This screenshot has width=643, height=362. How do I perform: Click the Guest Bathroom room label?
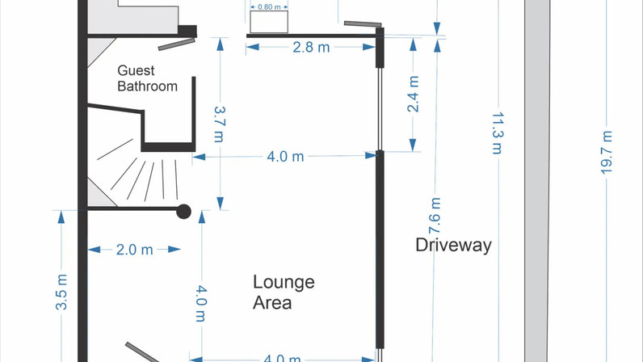pos(147,78)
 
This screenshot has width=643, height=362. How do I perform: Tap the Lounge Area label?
pos(284,293)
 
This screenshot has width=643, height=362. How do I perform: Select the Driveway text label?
pos(453,245)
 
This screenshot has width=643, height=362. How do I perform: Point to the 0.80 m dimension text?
pos(269,7)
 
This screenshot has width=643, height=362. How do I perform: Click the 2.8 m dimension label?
pos(311,48)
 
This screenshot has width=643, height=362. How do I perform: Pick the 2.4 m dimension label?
pos(413,94)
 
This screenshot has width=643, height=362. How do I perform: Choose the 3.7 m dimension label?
pos(220,124)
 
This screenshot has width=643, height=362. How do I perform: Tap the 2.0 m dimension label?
pos(135,250)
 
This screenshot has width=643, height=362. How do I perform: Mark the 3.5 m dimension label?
pos(61,293)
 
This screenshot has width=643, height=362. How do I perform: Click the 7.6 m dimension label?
pos(435,216)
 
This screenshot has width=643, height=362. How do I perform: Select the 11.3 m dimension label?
pos(498,133)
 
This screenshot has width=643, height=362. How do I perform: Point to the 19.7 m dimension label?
pos(607,153)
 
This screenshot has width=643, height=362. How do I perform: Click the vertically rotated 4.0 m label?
pos(201,304)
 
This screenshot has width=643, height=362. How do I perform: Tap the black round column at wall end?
pos(183,212)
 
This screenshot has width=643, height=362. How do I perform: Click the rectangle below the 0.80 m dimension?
pos(269,22)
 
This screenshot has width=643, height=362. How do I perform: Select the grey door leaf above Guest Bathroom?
pos(177,44)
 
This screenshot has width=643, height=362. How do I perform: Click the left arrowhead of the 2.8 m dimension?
pos(253,47)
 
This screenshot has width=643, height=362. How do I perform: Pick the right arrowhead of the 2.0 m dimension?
pos(174,249)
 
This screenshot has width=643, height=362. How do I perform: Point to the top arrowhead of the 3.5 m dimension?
pos(61,217)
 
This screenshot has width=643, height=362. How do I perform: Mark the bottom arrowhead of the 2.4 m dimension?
pos(413,145)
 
